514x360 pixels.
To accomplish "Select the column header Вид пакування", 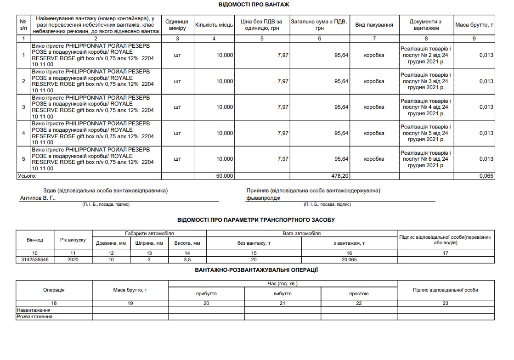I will [x=374, y=25].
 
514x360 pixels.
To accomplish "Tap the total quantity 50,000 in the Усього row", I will [x=225, y=176].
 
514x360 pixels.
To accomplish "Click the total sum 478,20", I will [x=340, y=176].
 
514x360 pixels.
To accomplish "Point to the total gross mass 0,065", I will [x=486, y=176].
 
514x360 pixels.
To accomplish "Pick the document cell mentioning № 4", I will [x=426, y=133].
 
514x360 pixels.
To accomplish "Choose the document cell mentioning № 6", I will [x=426, y=159].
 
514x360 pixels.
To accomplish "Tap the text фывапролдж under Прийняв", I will [x=263, y=198].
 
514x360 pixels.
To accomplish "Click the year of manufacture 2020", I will [x=73, y=259].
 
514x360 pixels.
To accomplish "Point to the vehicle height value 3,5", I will [x=187, y=259].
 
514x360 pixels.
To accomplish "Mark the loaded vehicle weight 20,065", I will [x=349, y=259].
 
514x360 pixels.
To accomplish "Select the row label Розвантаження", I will [x=34, y=317].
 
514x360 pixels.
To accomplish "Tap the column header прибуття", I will [x=206, y=293].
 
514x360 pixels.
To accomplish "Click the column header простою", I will [x=359, y=293].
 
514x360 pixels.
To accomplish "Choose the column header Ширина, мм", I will [x=149, y=243].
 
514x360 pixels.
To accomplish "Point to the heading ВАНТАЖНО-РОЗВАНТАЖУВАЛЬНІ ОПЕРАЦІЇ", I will [x=256, y=270].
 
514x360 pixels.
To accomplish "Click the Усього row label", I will [x=27, y=176].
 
